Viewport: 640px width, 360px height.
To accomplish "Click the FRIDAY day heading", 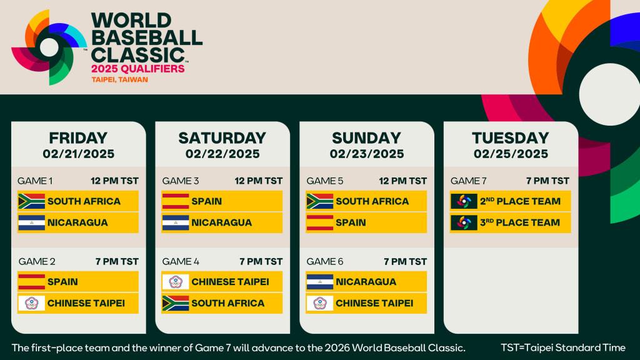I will [x=78, y=137].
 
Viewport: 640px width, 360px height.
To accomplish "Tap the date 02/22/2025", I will [x=222, y=154].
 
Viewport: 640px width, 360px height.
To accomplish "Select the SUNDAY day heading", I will [x=366, y=137].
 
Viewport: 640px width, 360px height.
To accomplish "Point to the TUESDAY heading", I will [x=510, y=137].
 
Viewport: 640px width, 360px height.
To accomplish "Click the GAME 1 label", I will [x=35, y=181].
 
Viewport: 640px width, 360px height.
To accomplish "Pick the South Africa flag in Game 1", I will [x=31, y=201].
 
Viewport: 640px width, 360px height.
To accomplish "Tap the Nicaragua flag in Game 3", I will [x=176, y=222].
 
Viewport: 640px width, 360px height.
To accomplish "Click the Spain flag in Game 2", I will [x=31, y=282].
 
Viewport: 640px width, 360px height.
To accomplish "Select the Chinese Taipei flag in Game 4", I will [x=176, y=282].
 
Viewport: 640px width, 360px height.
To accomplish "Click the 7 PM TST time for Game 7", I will [x=547, y=181].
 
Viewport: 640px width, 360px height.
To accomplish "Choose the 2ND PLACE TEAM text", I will [x=520, y=201].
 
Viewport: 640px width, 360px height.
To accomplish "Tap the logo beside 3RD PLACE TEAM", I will [x=464, y=222].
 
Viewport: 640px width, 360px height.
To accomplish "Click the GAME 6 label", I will [x=324, y=261].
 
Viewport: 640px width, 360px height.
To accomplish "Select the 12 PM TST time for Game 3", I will [x=259, y=181].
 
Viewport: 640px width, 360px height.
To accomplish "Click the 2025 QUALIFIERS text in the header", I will [x=138, y=68].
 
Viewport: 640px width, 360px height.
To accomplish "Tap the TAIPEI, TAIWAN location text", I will [x=120, y=80].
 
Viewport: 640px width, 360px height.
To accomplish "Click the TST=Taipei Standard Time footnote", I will [x=562, y=347].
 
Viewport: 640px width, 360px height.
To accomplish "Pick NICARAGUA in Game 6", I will [x=366, y=282].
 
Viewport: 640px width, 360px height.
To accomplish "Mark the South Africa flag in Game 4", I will [x=176, y=303].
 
